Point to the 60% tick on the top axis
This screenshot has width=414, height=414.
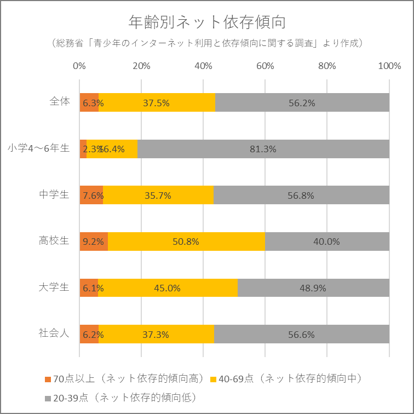coord(265,66)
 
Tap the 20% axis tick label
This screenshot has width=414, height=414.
coord(141,66)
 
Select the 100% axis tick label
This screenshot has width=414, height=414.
coord(389,66)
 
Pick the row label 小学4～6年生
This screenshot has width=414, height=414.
coord(38,148)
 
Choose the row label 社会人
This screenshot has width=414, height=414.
coord(54,334)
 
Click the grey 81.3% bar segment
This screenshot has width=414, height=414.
coord(263,149)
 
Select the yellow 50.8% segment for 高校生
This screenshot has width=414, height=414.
coord(186,242)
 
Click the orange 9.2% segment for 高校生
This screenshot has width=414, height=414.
coord(94,242)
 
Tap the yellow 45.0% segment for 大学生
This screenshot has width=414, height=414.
coord(168,288)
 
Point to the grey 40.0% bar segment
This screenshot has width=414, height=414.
coord(327,242)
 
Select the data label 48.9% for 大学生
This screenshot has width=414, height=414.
coord(314,288)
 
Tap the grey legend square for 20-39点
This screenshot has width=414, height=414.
coord(48,396)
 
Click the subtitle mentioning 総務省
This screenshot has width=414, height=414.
coord(206,43)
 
